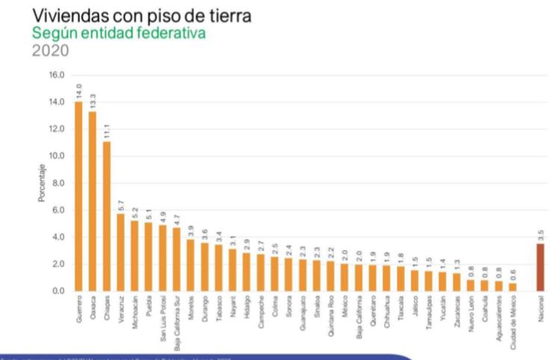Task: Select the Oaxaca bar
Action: click(93, 201)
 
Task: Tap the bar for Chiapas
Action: click(107, 216)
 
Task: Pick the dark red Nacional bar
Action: click(541, 267)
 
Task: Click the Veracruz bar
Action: click(121, 252)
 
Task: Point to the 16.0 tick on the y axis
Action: click(57, 75)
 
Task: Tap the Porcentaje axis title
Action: click(43, 183)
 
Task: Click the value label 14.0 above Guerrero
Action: click(79, 91)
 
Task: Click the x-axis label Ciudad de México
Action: click(513, 323)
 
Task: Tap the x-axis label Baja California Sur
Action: click(177, 325)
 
